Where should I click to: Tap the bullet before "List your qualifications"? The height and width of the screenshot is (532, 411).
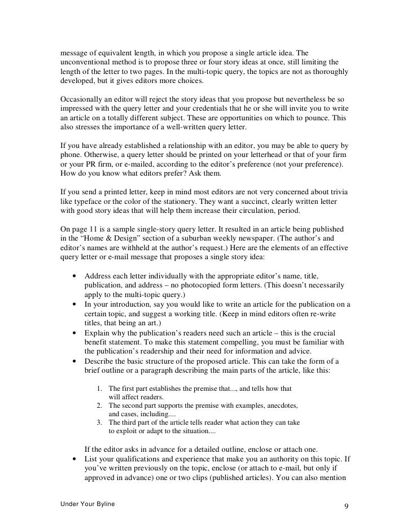point(75,460)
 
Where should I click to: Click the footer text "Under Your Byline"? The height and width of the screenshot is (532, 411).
point(88,503)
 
